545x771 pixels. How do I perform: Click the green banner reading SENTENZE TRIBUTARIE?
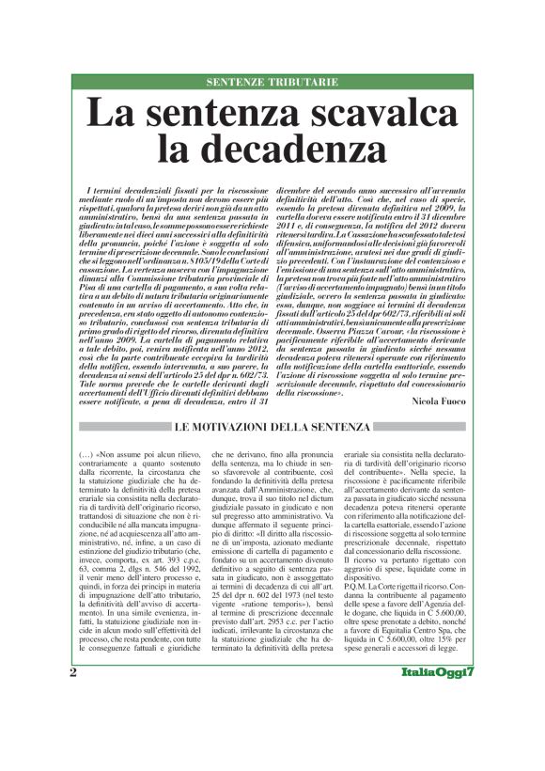coord(272,82)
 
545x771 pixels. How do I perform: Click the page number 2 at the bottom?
coord(72,725)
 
